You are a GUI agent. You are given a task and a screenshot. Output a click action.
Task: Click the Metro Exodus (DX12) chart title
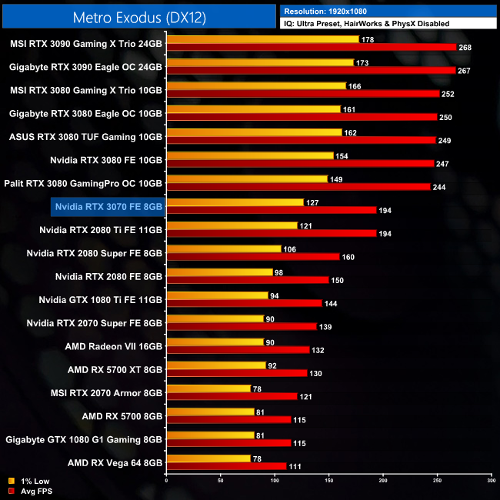point(138,16)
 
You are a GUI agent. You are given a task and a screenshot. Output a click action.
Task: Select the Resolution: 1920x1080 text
point(332,11)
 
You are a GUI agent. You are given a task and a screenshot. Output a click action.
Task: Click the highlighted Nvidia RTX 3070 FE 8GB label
point(108,206)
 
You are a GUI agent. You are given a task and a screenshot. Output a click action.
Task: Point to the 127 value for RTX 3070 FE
point(313,202)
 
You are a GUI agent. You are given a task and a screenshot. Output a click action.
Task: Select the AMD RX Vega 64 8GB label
point(115,463)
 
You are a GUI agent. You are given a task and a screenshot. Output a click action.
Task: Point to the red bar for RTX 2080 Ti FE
point(271,233)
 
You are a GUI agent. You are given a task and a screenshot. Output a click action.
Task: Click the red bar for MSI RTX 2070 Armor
point(232,397)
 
